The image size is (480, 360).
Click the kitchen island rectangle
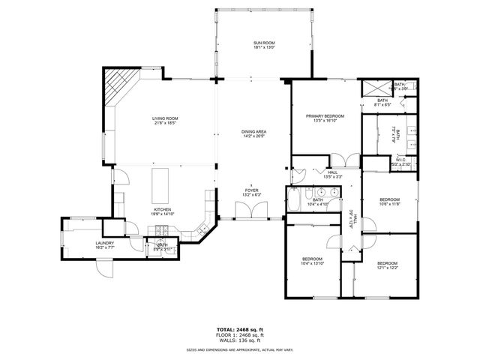159,181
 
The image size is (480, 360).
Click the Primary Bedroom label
325,117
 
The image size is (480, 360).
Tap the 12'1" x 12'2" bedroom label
387,265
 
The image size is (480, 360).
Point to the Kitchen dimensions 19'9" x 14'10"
163,214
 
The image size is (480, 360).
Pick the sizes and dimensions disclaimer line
240,349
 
